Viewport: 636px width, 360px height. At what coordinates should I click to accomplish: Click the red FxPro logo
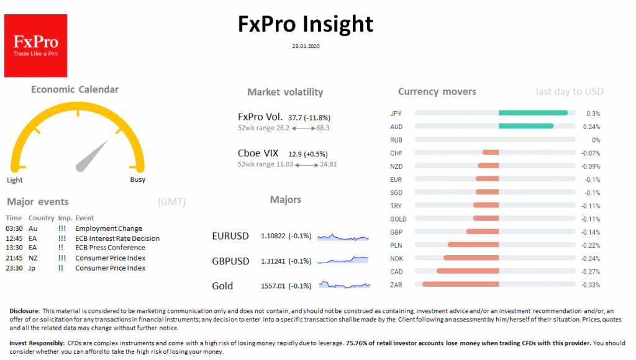point(35,46)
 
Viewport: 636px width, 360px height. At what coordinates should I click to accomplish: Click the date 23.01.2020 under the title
point(305,45)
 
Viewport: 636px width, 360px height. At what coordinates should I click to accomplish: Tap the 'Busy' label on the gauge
point(137,180)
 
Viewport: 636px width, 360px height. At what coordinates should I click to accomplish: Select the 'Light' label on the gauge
point(15,180)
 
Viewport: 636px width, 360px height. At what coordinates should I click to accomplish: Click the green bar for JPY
point(533,113)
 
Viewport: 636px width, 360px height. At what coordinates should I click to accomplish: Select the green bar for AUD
point(525,126)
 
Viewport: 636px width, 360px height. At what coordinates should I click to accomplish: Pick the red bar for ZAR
point(460,284)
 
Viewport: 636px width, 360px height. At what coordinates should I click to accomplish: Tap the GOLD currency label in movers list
point(398,218)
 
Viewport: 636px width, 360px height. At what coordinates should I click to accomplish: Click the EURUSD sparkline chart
point(343,237)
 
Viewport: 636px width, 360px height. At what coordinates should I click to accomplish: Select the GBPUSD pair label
point(230,261)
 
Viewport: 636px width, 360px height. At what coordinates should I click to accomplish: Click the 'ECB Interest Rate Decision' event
point(117,238)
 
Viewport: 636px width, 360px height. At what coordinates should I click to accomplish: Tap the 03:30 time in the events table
point(14,228)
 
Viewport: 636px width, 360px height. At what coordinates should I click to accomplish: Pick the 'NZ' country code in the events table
point(33,258)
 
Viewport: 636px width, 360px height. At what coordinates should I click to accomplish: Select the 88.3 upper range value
point(322,128)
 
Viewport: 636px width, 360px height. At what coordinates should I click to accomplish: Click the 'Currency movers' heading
point(437,92)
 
